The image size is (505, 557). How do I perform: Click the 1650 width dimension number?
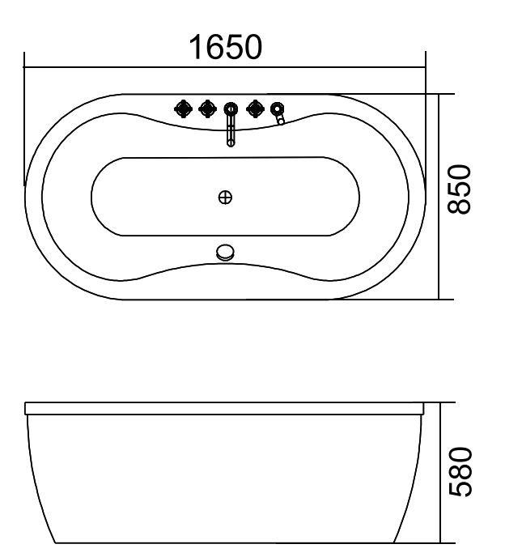coord(225,47)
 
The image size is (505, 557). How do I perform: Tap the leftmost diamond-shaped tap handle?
coord(183,108)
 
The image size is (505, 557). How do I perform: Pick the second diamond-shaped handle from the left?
coord(207,108)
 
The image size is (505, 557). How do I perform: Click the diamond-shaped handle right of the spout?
coord(257,108)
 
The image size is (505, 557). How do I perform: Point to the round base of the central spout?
coord(231,108)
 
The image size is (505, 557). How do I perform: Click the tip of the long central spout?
coord(231,142)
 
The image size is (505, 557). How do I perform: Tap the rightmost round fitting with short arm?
coord(278,108)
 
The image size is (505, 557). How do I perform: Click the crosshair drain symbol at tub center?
coord(226,196)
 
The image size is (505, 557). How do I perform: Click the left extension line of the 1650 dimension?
coord(25,121)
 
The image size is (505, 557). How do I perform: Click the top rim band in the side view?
coord(226,409)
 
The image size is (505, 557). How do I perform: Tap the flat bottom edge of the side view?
coord(226,542)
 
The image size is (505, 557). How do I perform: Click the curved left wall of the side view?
coord(37,478)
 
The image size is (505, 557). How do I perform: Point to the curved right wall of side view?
coord(414,478)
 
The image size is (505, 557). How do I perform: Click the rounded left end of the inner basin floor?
coord(94,196)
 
